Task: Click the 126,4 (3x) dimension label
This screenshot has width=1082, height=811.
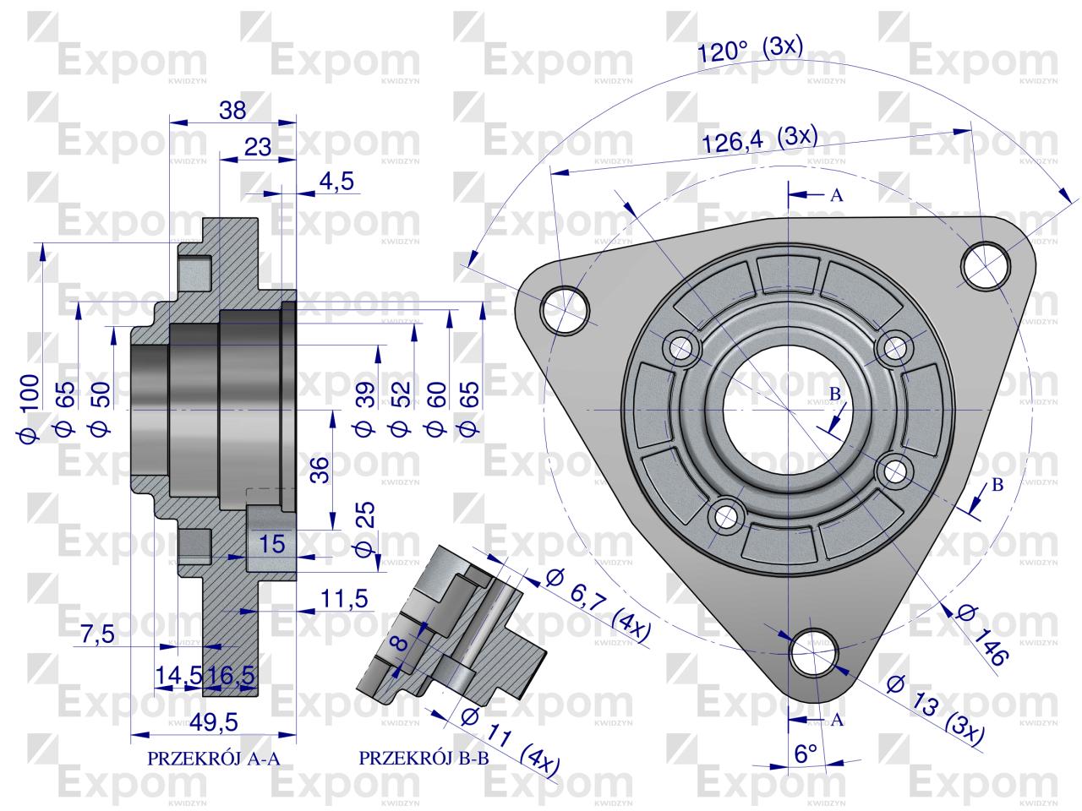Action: click(758, 139)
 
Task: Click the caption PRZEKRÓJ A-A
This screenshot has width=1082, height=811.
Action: click(213, 758)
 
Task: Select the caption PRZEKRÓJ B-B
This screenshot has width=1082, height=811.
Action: click(424, 758)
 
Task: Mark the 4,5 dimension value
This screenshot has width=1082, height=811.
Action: click(336, 181)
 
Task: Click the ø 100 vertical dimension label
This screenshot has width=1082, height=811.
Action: click(28, 407)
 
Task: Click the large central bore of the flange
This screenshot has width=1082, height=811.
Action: click(786, 411)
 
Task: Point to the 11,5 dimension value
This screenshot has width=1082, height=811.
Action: click(345, 599)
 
